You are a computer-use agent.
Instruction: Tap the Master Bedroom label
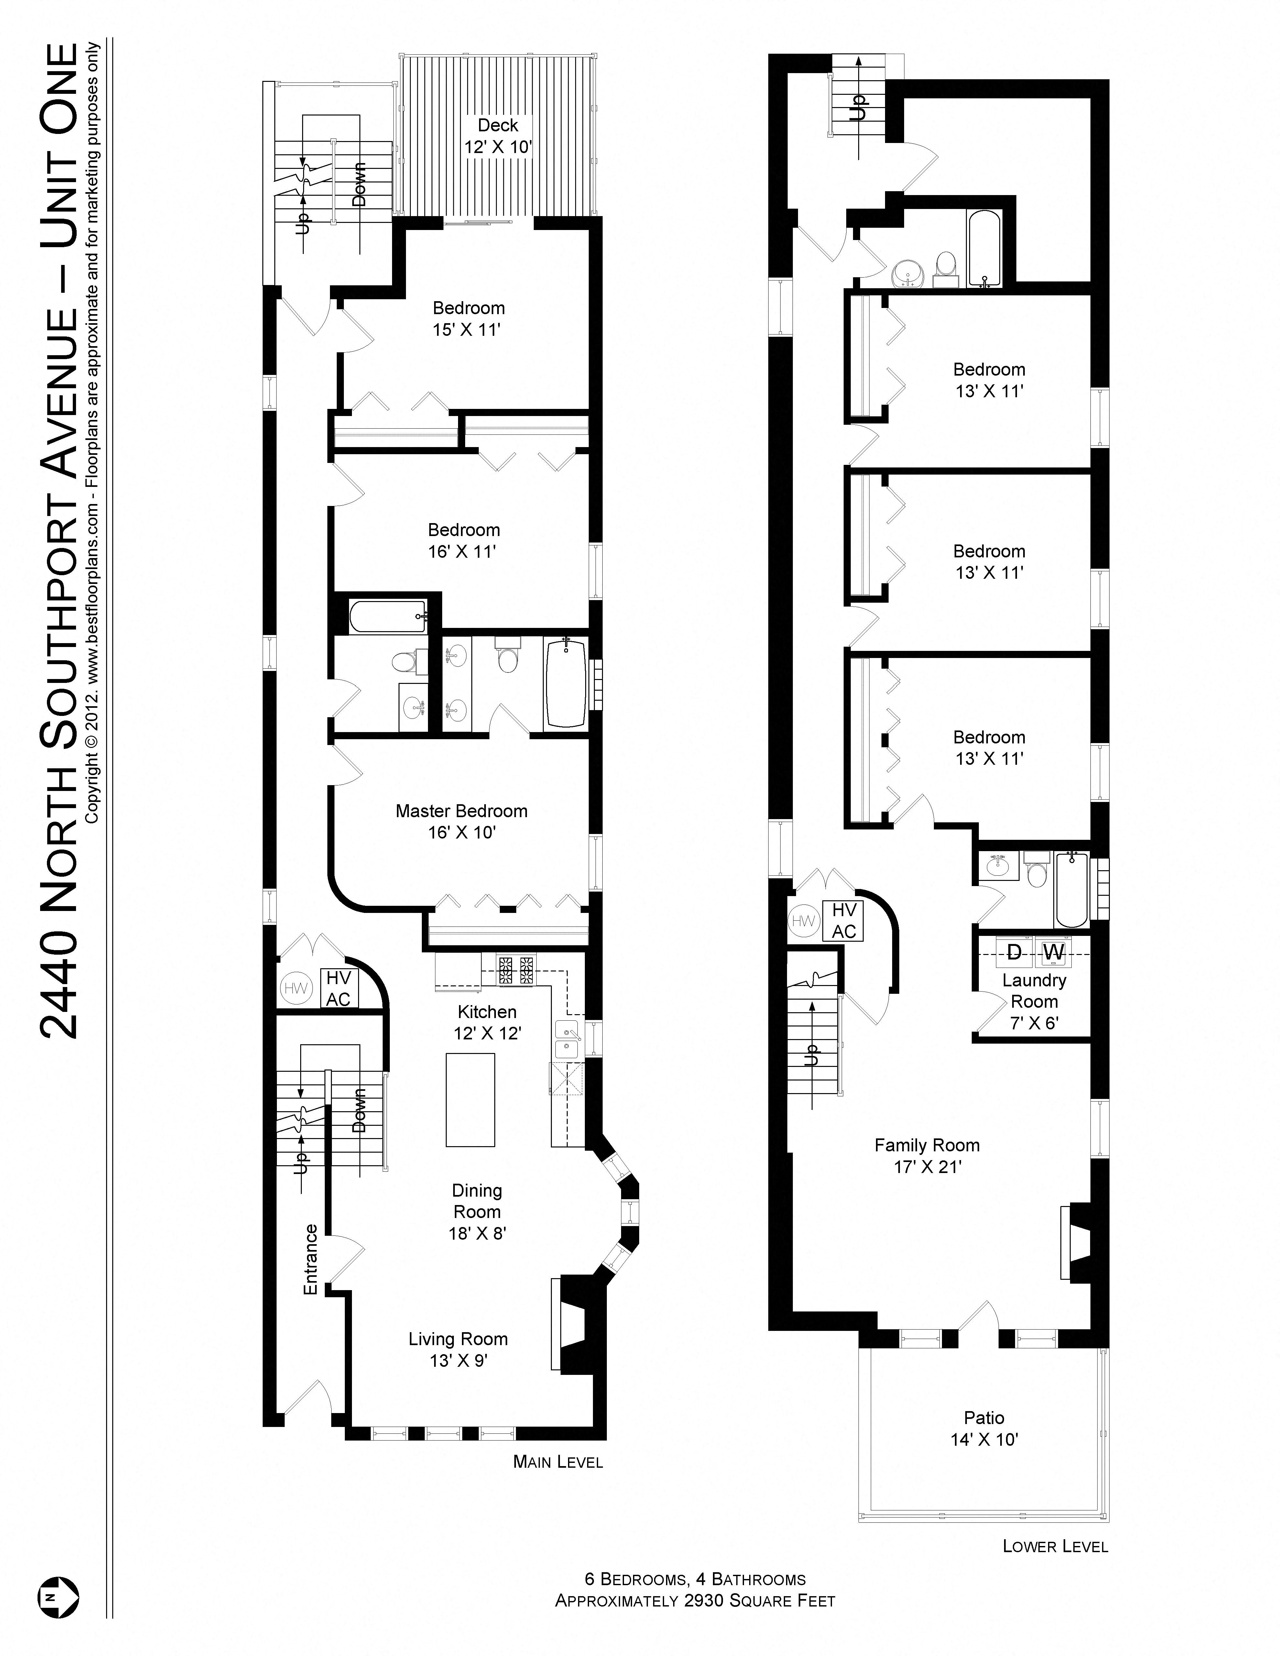(x=461, y=811)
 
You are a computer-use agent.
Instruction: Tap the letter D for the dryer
(x=1014, y=952)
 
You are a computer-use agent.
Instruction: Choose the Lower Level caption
(x=1055, y=1546)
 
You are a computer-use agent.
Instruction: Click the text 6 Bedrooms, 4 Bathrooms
(x=695, y=1579)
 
